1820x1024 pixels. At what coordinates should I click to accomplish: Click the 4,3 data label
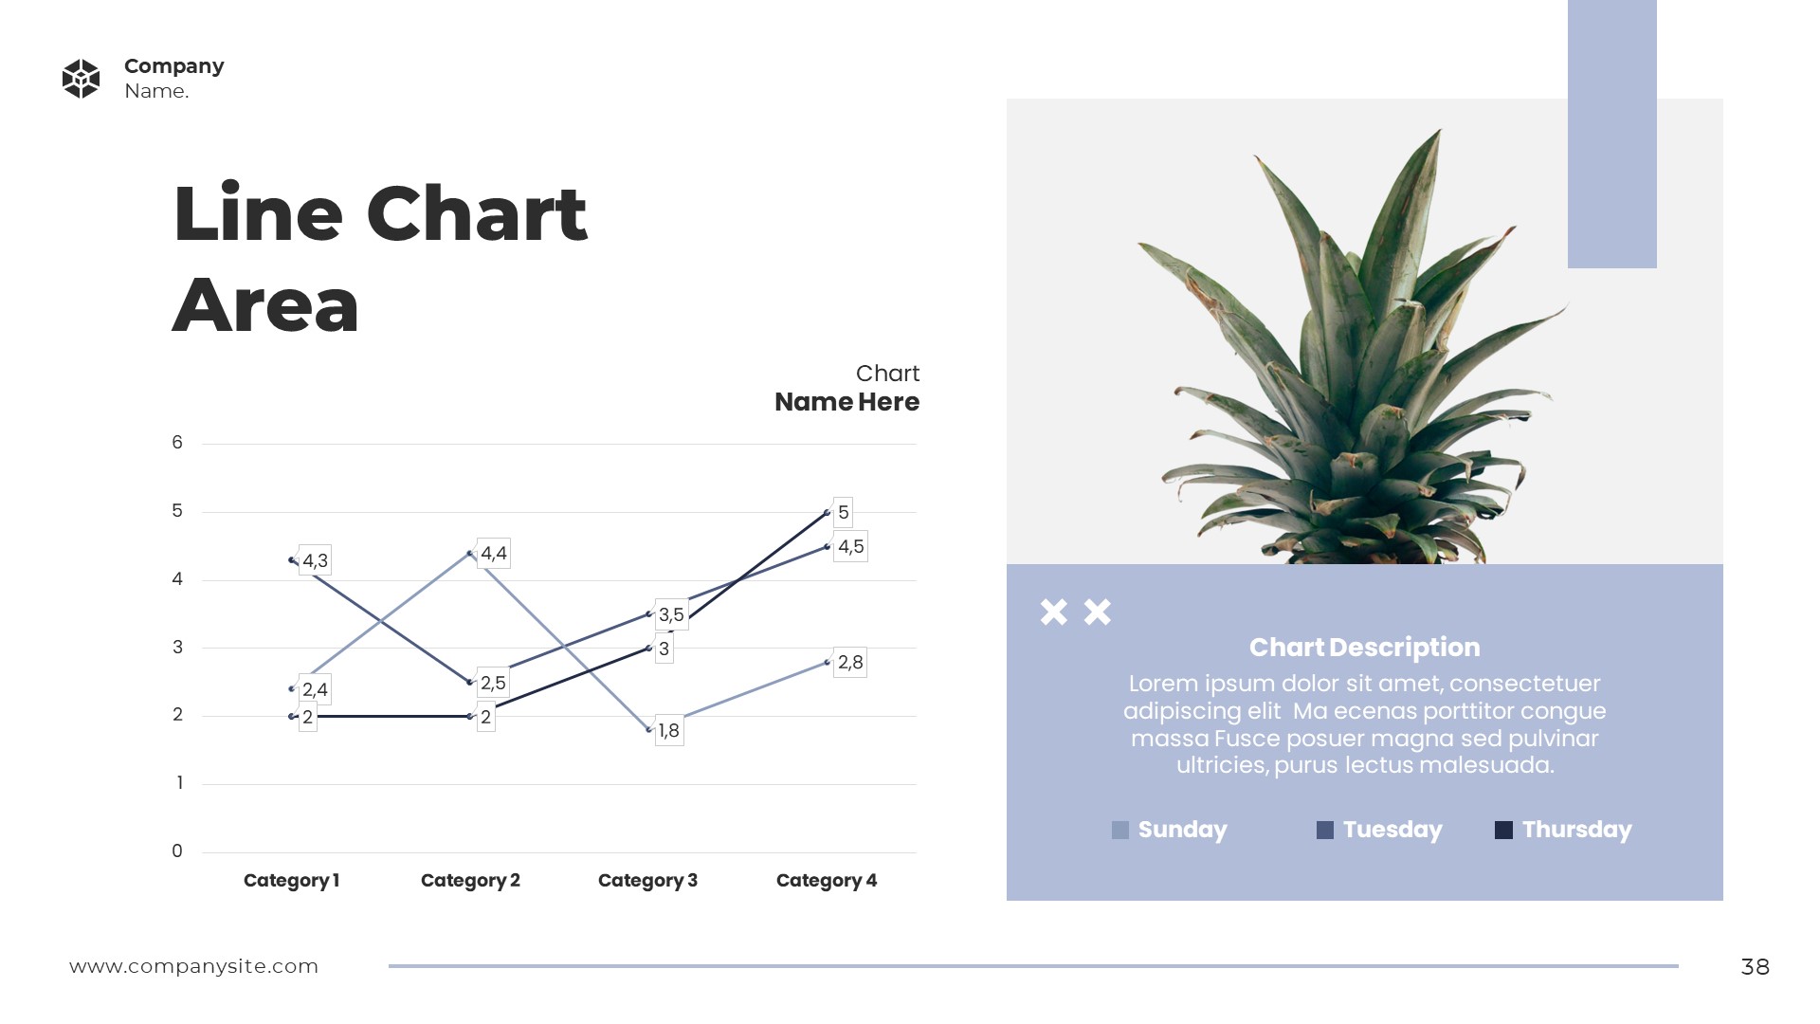coord(315,560)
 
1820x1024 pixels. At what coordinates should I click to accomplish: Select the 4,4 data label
coord(493,553)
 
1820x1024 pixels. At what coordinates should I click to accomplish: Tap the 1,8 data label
coord(668,730)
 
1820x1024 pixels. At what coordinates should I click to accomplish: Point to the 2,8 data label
coord(850,662)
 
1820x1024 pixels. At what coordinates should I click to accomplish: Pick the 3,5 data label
coord(671,614)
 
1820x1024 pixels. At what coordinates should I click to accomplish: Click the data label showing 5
coord(843,512)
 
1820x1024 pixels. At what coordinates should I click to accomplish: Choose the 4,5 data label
coord(850,546)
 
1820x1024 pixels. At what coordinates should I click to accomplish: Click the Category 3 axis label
coord(647,880)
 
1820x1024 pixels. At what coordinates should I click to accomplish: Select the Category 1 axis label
coord(291,880)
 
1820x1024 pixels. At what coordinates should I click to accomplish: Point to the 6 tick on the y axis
coord(177,443)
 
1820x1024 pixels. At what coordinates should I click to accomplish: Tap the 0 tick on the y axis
coord(177,851)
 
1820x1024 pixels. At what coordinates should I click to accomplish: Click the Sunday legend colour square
coord(1120,831)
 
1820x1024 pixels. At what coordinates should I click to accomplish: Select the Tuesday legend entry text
coord(1392,830)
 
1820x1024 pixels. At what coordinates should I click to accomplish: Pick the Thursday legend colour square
coord(1503,831)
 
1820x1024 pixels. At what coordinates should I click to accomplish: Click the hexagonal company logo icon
coord(81,79)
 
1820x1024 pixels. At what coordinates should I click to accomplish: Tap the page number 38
coord(1755,966)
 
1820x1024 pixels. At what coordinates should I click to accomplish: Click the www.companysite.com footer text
coord(193,966)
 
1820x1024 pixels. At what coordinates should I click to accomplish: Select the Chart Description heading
coord(1364,648)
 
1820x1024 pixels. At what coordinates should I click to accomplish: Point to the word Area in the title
coord(265,305)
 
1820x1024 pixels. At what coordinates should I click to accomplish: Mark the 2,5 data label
coord(493,683)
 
